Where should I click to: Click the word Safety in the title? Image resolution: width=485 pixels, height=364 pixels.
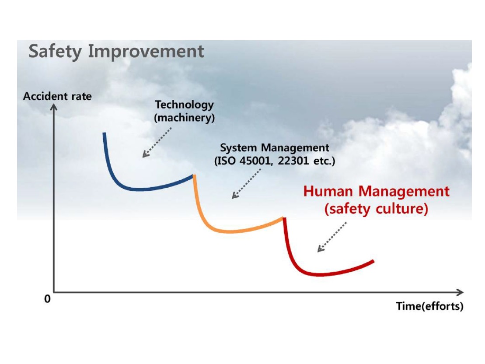pyautogui.click(x=55, y=52)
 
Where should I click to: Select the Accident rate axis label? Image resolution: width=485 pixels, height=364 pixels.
pyautogui.click(x=57, y=96)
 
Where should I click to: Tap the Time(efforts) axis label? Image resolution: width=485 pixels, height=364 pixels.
pyautogui.click(x=429, y=306)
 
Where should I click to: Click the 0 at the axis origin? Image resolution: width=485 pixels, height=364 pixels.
pyautogui.click(x=47, y=299)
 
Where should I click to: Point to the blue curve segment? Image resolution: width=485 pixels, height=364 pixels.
pyautogui.click(x=130, y=188)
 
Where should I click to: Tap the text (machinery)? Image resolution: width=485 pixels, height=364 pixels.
pyautogui.click(x=185, y=118)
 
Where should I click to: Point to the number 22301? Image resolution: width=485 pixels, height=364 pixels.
pyautogui.click(x=293, y=161)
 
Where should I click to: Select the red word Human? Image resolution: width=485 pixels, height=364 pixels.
pyautogui.click(x=328, y=192)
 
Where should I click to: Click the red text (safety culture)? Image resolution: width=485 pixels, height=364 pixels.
pyautogui.click(x=377, y=209)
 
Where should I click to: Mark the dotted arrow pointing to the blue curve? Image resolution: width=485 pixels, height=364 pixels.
pyautogui.click(x=157, y=142)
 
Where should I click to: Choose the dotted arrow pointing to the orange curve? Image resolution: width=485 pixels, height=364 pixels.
pyautogui.click(x=247, y=184)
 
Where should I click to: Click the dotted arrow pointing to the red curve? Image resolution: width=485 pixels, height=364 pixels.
pyautogui.click(x=332, y=237)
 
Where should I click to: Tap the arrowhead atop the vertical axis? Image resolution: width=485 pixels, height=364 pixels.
pyautogui.click(x=54, y=107)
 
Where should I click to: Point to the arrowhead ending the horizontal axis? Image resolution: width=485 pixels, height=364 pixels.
pyautogui.click(x=460, y=292)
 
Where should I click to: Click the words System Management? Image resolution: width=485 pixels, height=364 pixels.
pyautogui.click(x=275, y=148)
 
